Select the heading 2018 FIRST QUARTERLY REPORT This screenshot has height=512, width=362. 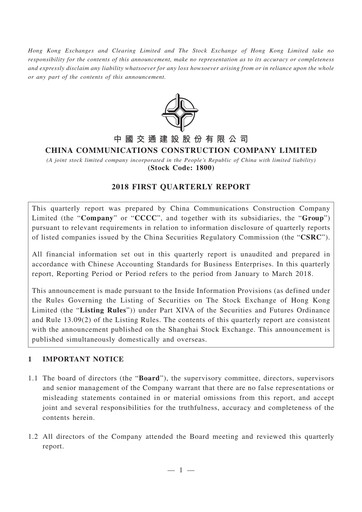[x=181, y=186]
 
